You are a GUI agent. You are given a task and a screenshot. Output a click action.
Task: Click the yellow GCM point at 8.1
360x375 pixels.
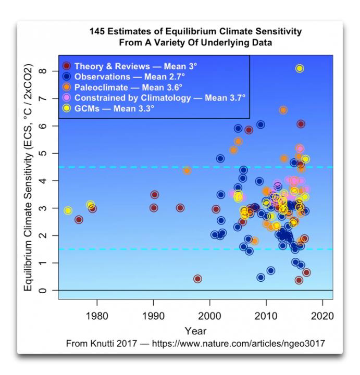pos(300,68)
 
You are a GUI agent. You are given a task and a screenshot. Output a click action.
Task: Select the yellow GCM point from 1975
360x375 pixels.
pos(68,210)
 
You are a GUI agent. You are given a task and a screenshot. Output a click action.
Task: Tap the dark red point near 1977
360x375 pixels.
pos(79,219)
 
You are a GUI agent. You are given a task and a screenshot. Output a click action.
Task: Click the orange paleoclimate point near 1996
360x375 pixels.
pos(188,170)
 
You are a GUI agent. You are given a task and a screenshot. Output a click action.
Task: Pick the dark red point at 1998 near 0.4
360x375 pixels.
pos(197,279)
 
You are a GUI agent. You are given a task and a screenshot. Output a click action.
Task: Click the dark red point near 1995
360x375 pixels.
pos(180,208)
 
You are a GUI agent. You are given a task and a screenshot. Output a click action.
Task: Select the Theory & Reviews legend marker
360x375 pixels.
pos(67,66)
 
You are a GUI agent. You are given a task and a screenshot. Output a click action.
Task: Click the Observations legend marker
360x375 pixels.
pos(67,77)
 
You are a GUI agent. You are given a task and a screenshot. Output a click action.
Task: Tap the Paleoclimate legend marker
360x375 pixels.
pos(67,87)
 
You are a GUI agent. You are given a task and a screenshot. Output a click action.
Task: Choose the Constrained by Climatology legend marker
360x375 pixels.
pos(67,97)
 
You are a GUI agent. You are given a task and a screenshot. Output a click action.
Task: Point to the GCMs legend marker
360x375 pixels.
pos(67,108)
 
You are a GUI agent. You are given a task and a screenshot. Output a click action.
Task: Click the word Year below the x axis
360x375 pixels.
pos(195,331)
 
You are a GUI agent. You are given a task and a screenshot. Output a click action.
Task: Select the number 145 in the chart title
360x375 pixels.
pos(99,32)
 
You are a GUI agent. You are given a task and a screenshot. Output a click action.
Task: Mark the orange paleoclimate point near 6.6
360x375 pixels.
pos(283,110)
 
